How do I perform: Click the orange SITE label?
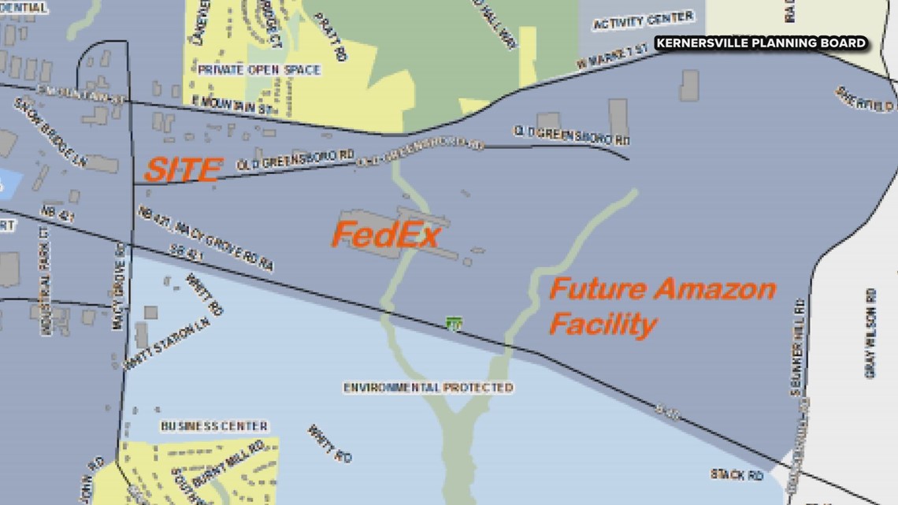pyautogui.click(x=181, y=169)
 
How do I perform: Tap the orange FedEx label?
pyautogui.click(x=385, y=235)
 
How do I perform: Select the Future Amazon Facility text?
pyautogui.click(x=662, y=306)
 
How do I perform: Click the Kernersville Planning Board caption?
pyautogui.click(x=762, y=43)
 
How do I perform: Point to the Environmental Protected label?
pyautogui.click(x=428, y=388)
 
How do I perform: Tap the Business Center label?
pyautogui.click(x=214, y=426)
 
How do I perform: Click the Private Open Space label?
pyautogui.click(x=259, y=70)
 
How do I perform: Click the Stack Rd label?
pyautogui.click(x=737, y=475)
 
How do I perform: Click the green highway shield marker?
pyautogui.click(x=453, y=323)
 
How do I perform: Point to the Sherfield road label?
pyautogui.click(x=864, y=99)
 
